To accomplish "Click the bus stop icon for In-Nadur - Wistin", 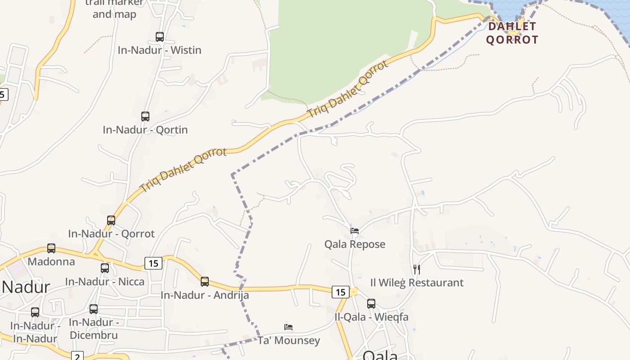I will [x=159, y=37].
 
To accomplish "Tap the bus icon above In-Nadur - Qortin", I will [x=145, y=117].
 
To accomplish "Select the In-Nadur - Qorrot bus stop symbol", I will [x=111, y=220].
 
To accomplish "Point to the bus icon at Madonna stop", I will [x=51, y=248].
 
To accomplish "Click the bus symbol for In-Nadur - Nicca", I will [x=105, y=268].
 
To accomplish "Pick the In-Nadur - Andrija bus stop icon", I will [x=205, y=282].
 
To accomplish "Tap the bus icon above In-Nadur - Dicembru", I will [x=94, y=309].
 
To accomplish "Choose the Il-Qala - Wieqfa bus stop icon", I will [x=371, y=304].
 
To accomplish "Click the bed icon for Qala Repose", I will [x=355, y=231].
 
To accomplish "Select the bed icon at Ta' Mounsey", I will [x=288, y=327].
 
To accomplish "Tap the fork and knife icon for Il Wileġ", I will [x=417, y=270].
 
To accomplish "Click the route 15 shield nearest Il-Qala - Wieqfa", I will [x=341, y=292].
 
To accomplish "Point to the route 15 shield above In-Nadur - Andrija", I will [x=153, y=263].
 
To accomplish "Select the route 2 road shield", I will [x=77, y=355].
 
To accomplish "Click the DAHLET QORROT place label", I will [x=512, y=33].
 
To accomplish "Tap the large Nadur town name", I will [x=26, y=287].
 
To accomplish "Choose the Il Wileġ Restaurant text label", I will [x=417, y=283].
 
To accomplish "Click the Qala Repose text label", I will [x=355, y=244].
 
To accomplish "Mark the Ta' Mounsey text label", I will [x=288, y=340].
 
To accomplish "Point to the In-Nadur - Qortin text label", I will [x=145, y=130].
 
